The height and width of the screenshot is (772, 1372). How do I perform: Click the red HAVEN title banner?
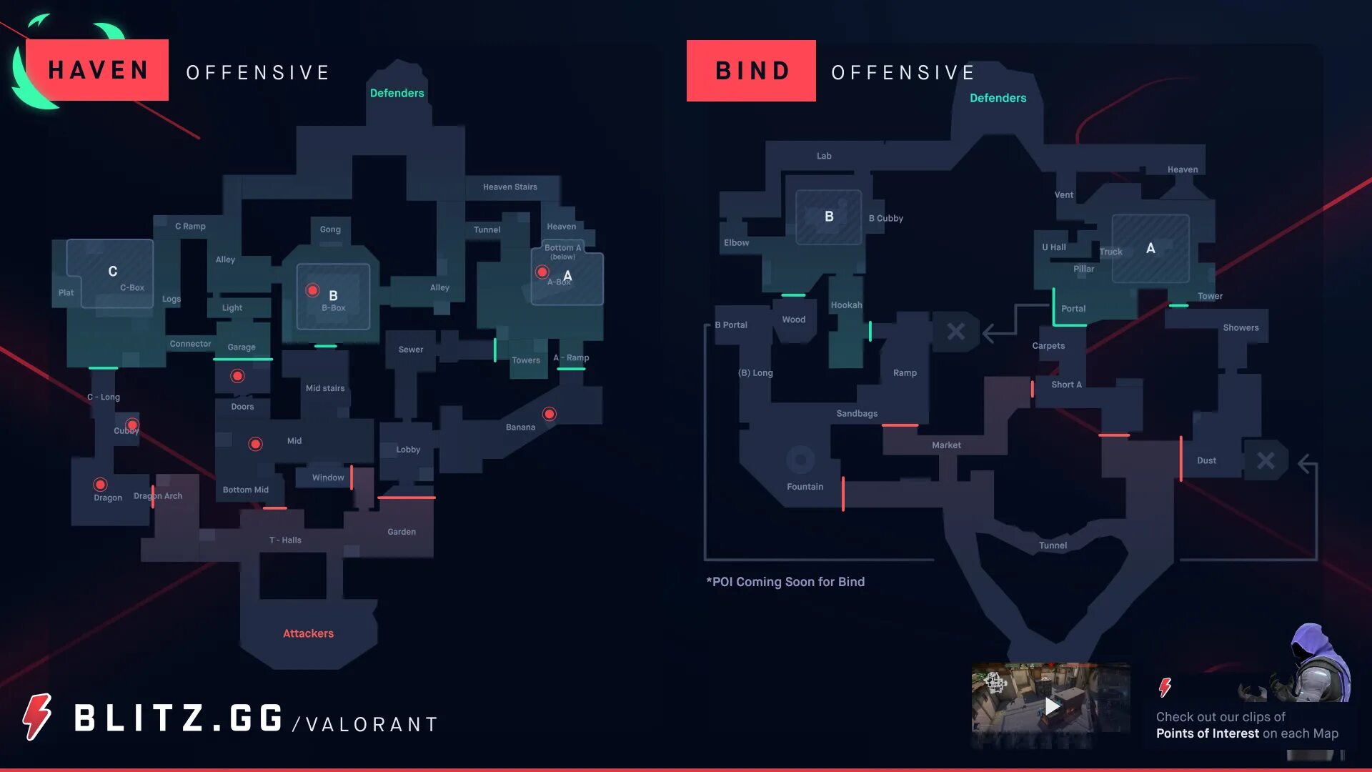click(x=97, y=70)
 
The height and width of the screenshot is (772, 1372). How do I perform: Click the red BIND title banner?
click(x=751, y=71)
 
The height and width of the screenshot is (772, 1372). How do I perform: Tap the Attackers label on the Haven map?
click(x=308, y=633)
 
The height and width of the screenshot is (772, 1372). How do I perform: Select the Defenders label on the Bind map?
click(x=998, y=98)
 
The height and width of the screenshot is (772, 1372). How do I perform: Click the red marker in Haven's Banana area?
click(x=549, y=414)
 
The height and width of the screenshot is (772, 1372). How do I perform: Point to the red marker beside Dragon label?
click(x=101, y=485)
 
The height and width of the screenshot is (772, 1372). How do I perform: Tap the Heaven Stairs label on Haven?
click(x=509, y=187)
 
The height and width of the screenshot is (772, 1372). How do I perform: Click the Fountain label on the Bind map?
click(x=805, y=487)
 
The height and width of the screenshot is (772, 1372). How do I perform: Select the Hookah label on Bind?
click(x=846, y=305)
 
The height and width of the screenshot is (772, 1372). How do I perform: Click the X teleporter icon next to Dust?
click(x=1266, y=461)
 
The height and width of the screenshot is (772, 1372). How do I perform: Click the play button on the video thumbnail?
click(x=1052, y=706)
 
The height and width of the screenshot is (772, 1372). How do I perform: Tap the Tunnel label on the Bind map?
click(x=1053, y=545)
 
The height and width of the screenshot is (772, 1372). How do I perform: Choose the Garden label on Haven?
click(x=402, y=532)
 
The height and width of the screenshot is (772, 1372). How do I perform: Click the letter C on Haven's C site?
click(x=112, y=272)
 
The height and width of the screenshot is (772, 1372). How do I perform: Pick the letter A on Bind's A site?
click(x=1150, y=248)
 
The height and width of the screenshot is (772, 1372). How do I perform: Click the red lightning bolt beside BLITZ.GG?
click(x=37, y=717)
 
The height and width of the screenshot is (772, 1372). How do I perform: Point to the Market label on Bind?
click(x=946, y=445)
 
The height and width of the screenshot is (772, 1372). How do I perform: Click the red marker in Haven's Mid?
click(x=255, y=444)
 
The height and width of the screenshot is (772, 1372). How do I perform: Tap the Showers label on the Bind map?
click(x=1241, y=328)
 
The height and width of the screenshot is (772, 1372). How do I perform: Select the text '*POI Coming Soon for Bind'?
click(x=785, y=582)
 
